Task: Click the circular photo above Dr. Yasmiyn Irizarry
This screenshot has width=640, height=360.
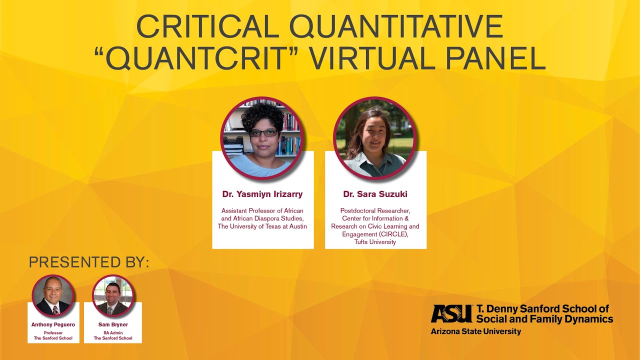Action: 262,138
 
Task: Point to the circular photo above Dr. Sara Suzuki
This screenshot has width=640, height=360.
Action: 375,138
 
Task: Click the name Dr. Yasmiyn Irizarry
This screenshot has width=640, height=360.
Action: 262,194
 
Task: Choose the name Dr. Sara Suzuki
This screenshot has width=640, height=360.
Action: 375,194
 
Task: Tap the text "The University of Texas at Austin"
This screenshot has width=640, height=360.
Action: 262,226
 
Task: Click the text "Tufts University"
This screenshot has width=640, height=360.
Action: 375,242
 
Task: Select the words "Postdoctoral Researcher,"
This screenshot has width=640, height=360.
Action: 375,211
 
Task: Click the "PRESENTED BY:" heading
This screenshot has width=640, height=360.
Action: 89,262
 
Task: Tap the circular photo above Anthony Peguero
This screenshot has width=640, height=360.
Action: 53,295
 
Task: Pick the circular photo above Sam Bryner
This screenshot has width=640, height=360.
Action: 113,295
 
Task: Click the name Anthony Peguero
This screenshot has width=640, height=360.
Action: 53,324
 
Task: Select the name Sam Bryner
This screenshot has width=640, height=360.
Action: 113,324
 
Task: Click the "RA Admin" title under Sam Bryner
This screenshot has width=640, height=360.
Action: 113,332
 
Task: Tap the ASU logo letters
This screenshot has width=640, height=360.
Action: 451,313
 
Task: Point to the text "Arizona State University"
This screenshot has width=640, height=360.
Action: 475,331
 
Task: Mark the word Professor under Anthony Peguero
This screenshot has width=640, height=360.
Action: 53,332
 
